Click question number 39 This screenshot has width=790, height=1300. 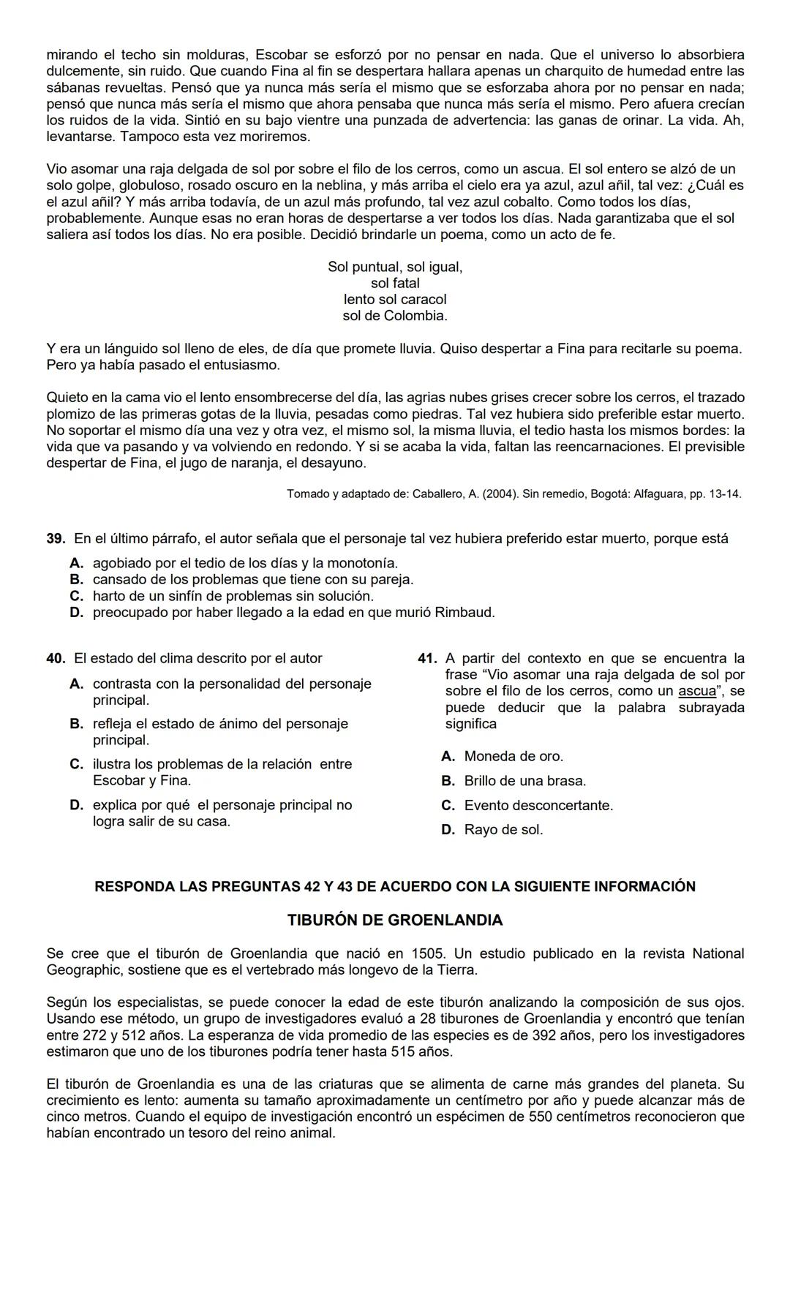[x=56, y=539]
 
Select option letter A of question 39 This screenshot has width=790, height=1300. [x=76, y=564]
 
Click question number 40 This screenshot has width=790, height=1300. [x=56, y=659]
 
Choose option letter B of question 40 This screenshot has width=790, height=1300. [x=76, y=725]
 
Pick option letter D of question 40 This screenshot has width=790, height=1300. [x=76, y=806]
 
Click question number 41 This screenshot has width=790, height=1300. [x=427, y=659]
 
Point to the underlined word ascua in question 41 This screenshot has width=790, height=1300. [x=696, y=692]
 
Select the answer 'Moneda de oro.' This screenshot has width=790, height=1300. [x=513, y=757]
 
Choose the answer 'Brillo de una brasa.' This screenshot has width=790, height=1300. [x=525, y=782]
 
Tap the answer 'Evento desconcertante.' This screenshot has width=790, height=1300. [x=538, y=806]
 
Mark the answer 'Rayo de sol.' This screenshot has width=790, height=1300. [x=503, y=831]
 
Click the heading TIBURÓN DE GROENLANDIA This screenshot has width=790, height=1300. [x=395, y=921]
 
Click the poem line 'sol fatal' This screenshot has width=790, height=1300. [x=395, y=284]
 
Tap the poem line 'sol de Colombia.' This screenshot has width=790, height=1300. [x=395, y=317]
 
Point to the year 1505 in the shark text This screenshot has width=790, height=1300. [x=428, y=954]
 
